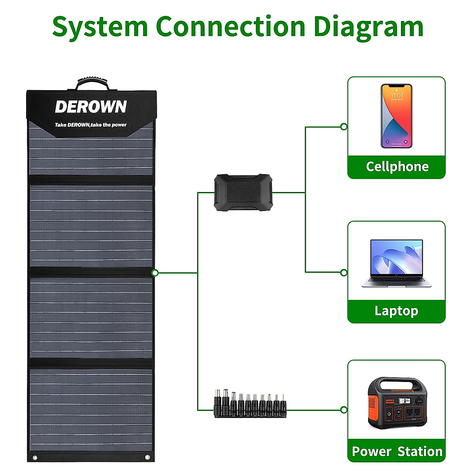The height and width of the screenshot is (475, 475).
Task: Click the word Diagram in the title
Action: coord(368,27)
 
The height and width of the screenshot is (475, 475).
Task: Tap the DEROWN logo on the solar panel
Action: coord(91,107)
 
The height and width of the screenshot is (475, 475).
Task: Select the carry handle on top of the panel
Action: coord(93,84)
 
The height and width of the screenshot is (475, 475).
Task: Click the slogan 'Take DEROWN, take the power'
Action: coord(91,125)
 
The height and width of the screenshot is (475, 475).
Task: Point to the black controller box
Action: coord(243,192)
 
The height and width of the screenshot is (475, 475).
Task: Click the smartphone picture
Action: coord(396,116)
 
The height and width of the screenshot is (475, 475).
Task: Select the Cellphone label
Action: coord(397,167)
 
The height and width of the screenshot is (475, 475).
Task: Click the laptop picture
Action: coord(397,263)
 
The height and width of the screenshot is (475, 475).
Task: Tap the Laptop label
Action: coord(396,311)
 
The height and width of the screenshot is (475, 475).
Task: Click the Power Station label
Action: coord(397,451)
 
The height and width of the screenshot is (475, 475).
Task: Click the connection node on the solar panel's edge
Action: coord(155,273)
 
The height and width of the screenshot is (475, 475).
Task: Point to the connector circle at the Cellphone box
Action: coord(344,127)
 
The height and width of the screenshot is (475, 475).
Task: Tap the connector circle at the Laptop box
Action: coord(344,272)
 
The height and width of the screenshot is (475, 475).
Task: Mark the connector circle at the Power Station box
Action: coord(344,410)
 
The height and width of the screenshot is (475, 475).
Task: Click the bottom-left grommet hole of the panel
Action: coord(35,458)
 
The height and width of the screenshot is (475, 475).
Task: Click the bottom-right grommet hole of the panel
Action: coord(148,458)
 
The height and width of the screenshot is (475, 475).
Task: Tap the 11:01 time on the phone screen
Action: coord(397,95)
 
